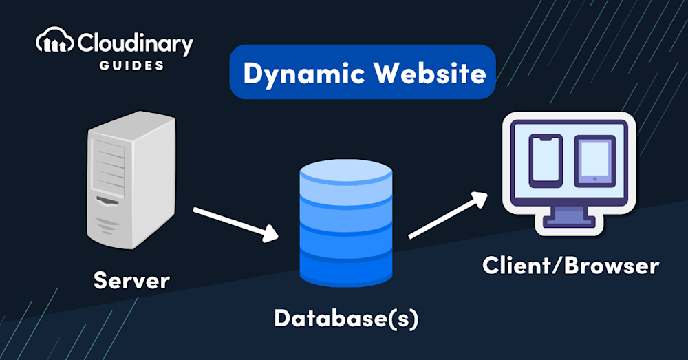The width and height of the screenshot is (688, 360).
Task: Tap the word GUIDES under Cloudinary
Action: pyautogui.click(x=131, y=65)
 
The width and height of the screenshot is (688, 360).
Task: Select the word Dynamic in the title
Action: pyautogui.click(x=298, y=73)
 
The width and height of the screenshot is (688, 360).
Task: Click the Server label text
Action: pyautogui.click(x=131, y=280)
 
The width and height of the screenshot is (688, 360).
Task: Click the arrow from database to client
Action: pyautogui.click(x=448, y=214)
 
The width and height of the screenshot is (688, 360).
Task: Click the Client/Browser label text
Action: pyautogui.click(x=570, y=266)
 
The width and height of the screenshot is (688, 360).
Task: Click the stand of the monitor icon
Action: pyautogui.click(x=569, y=216)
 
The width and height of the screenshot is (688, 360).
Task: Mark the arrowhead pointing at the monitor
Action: pyautogui.click(x=480, y=198)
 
